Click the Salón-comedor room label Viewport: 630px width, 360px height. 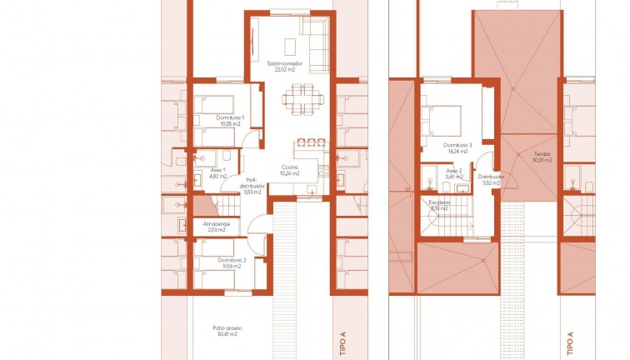point(285,64)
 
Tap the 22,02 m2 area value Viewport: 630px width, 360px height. point(285,71)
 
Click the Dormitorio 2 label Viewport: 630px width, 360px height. point(232,259)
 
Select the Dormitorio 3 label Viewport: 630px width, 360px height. point(459,145)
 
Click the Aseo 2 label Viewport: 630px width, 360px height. point(453,169)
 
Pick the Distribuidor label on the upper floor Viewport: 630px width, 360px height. point(489,176)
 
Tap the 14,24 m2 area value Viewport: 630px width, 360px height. point(459,152)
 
